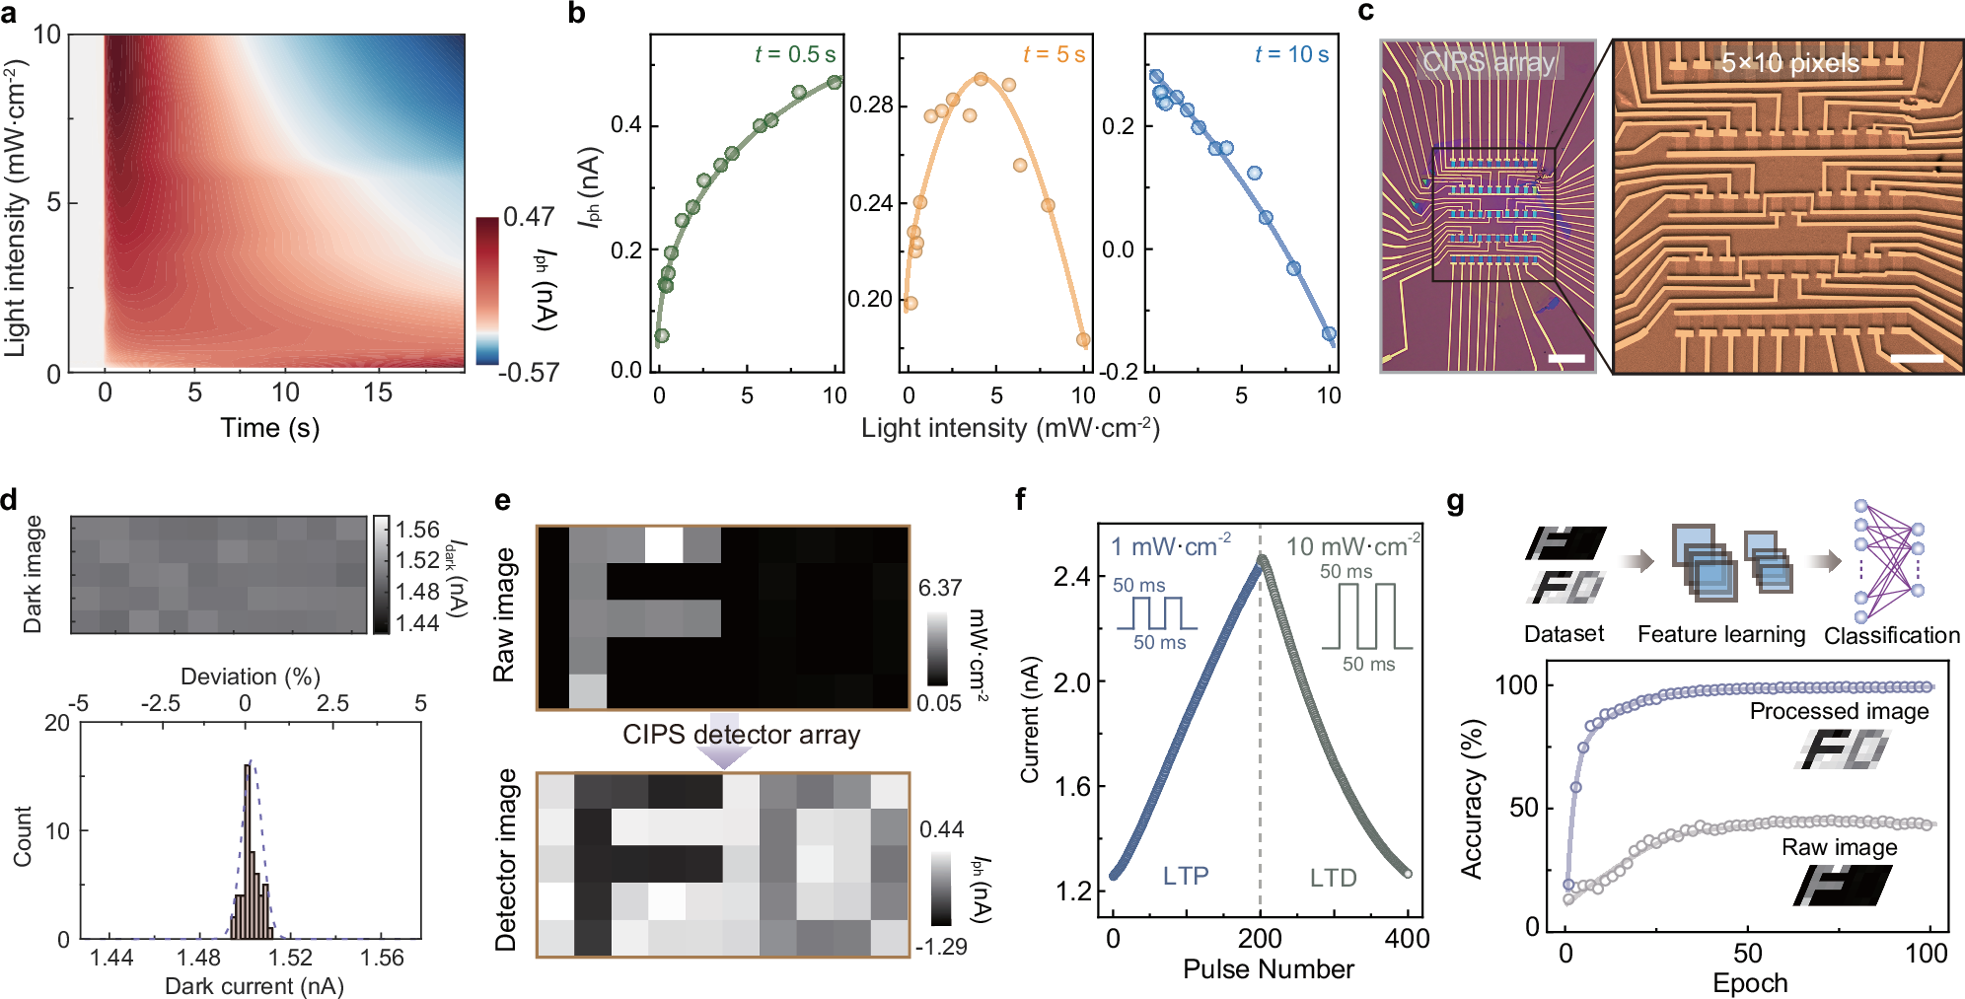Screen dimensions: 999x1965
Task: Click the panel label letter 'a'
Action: pyautogui.click(x=13, y=15)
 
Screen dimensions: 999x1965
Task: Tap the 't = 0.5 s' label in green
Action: pyautogui.click(x=794, y=55)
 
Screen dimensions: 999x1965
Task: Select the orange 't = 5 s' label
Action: pyautogui.click(x=1054, y=55)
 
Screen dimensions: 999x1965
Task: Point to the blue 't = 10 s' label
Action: pyautogui.click(x=1291, y=55)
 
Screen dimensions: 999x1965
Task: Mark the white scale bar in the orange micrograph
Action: pyautogui.click(x=1916, y=358)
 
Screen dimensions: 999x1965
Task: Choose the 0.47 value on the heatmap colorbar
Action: pyautogui.click(x=529, y=217)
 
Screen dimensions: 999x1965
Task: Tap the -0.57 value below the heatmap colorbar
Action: pyautogui.click(x=529, y=373)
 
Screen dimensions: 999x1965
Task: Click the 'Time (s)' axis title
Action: pyautogui.click(x=269, y=428)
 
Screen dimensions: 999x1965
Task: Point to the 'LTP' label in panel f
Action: pyautogui.click(x=1185, y=876)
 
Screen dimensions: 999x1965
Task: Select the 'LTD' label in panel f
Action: pyautogui.click(x=1333, y=878)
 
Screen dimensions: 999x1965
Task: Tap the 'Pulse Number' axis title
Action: pyautogui.click(x=1268, y=969)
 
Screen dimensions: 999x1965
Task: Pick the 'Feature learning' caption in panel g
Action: pyautogui.click(x=1720, y=635)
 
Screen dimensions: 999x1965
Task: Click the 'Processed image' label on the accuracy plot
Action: pyautogui.click(x=1839, y=711)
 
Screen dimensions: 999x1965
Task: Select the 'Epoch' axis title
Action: pyautogui.click(x=1749, y=983)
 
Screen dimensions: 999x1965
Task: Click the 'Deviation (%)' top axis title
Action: pyautogui.click(x=251, y=677)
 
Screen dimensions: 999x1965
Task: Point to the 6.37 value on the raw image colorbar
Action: pyautogui.click(x=939, y=589)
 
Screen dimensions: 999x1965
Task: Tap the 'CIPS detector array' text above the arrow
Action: pyautogui.click(x=741, y=735)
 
